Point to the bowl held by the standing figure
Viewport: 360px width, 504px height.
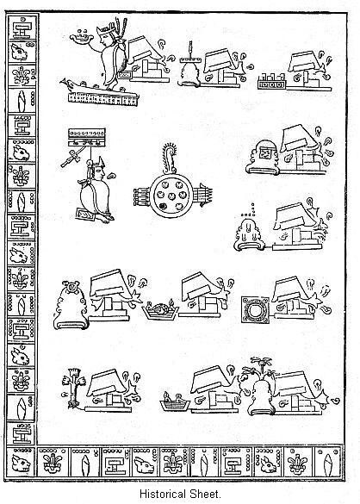coord(83,38)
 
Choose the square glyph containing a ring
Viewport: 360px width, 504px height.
coord(254,310)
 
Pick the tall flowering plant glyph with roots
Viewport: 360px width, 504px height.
coord(71,385)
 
